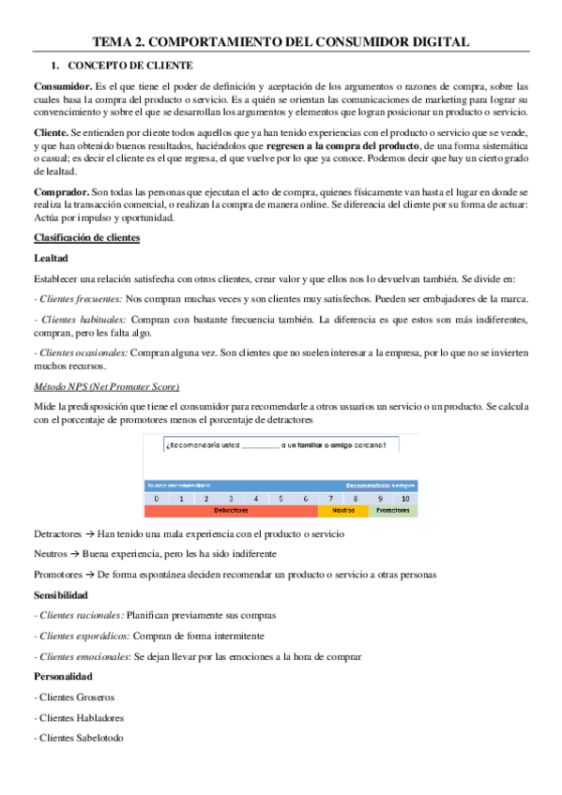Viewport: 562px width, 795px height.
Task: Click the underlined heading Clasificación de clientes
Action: (86, 237)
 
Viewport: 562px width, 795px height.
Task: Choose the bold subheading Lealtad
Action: (52, 257)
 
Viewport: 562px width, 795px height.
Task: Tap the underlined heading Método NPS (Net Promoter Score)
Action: (106, 386)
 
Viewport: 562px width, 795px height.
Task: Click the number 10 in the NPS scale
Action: (404, 499)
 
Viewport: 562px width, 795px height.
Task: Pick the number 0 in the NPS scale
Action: (158, 499)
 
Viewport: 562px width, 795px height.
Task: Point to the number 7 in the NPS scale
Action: (330, 499)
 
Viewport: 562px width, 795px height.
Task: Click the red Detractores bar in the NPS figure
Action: (231, 511)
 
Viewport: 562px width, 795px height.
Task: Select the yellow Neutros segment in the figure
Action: (343, 511)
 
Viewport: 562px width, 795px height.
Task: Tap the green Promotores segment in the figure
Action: (392, 511)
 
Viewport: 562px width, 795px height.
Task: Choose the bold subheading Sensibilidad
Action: (61, 594)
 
